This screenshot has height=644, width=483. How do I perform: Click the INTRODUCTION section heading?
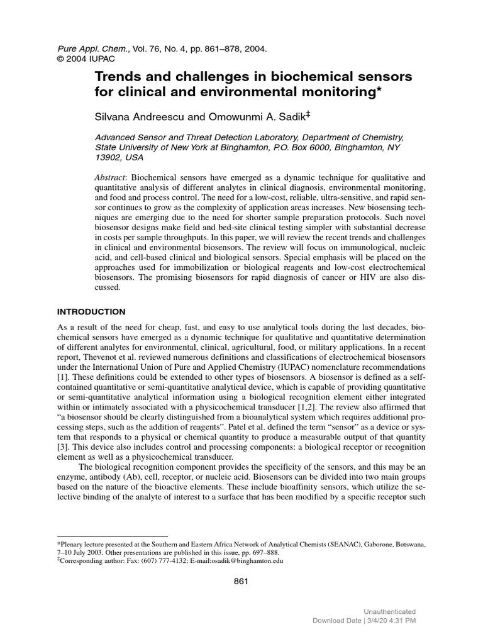point(92,312)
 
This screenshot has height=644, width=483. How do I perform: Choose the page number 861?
point(241,581)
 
